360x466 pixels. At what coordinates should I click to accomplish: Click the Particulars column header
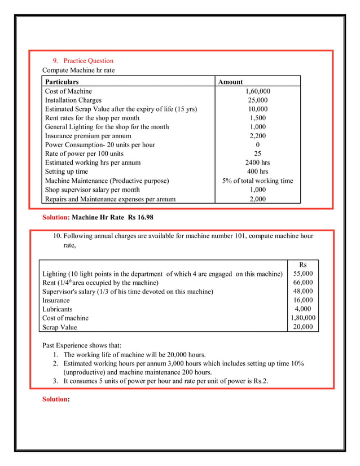point(62,82)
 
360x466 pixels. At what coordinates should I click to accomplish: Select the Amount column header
point(230,82)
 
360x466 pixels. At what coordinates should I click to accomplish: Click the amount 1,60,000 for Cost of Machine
point(258,91)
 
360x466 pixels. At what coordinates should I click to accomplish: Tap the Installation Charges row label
point(73,100)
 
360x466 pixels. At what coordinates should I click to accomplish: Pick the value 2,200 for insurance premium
point(258,136)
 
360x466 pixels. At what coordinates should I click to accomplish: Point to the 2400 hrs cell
point(258,163)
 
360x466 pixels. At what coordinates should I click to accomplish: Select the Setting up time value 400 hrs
point(258,172)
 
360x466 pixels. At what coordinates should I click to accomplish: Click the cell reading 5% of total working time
point(258,181)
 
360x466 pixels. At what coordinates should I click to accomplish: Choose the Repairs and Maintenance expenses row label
point(110,199)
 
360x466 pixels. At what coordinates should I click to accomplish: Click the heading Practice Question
point(88,61)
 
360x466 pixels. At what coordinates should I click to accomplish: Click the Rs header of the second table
point(303,265)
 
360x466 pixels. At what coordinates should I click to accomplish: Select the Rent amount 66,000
point(303,283)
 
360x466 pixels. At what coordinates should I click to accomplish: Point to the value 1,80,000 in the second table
point(303,318)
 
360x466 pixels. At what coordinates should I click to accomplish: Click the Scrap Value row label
point(60,327)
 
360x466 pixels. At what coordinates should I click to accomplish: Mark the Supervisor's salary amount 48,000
point(303,292)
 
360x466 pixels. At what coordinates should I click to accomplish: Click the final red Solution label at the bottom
point(56,399)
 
